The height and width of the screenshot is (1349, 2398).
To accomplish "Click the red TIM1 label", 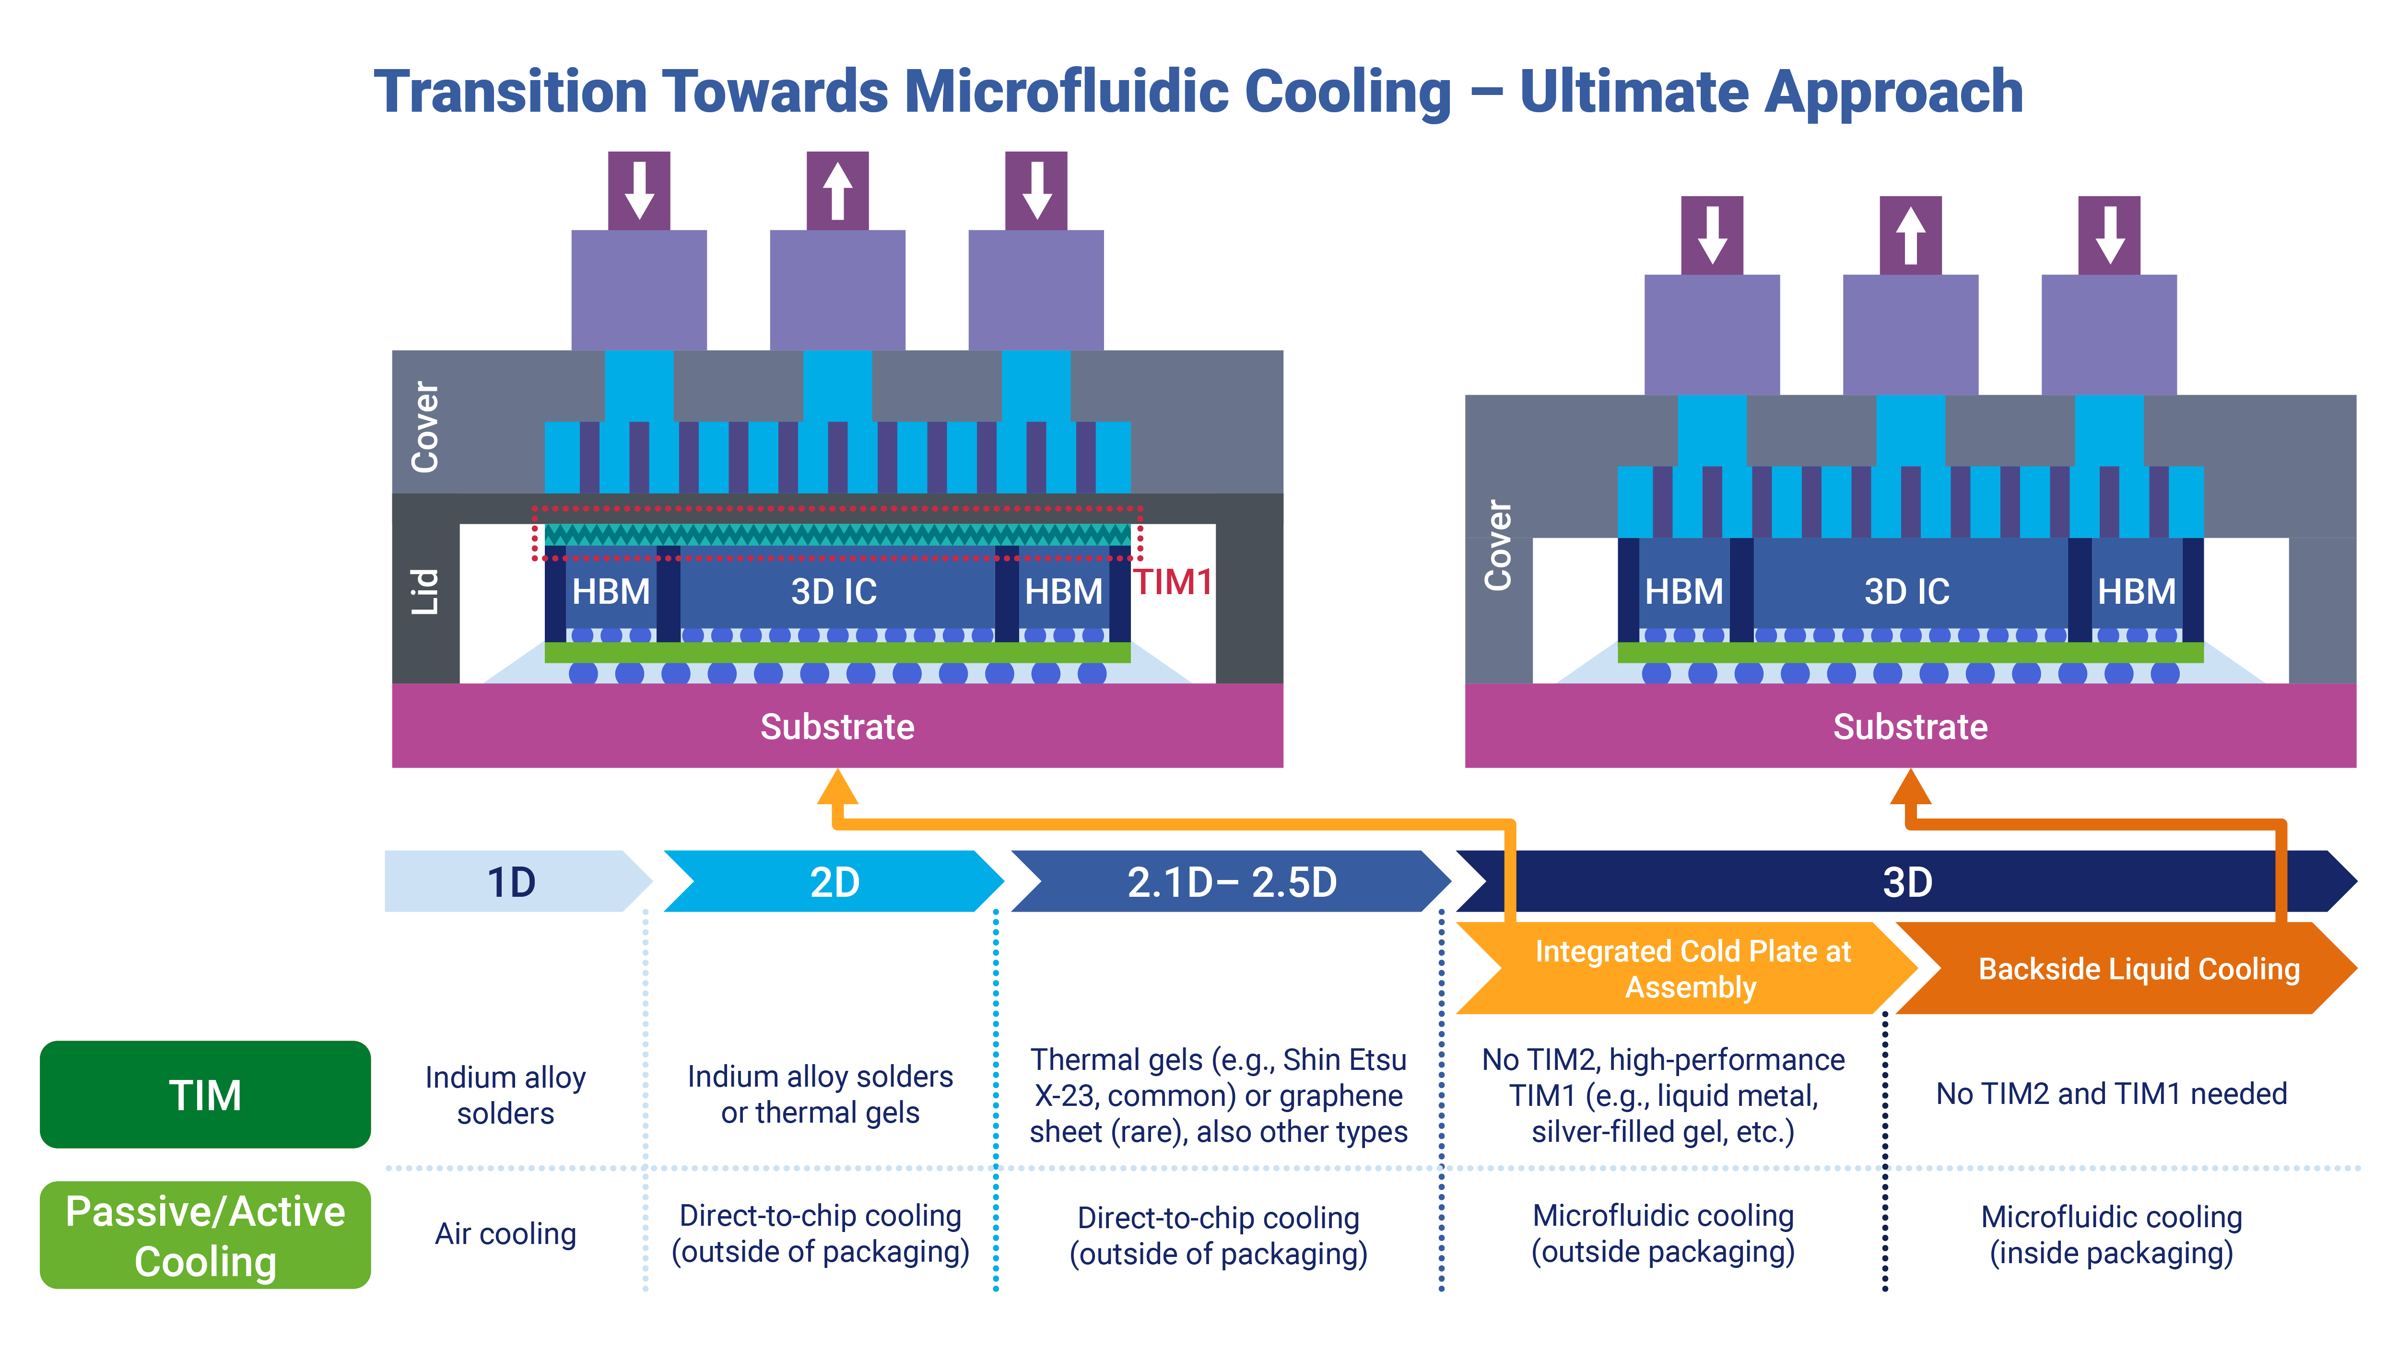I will [1172, 583].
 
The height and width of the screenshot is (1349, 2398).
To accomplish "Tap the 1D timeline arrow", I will [512, 881].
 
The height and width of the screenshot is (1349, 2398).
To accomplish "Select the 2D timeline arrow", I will [834, 881].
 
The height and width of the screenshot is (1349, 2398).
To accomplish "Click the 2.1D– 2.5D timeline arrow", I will [1231, 881].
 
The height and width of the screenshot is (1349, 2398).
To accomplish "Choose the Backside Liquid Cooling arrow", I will [2138, 968].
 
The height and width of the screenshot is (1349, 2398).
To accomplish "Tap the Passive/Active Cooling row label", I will [205, 1235].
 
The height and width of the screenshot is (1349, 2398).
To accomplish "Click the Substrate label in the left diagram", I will [837, 726].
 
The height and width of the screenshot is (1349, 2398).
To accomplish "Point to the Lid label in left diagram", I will [424, 591].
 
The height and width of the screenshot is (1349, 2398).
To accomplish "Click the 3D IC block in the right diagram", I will [1906, 591].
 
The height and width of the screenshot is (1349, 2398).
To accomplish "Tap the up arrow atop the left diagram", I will [837, 191].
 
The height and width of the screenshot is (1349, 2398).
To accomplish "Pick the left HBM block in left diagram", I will [611, 591].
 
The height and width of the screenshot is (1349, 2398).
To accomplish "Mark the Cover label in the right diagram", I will [1497, 545].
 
